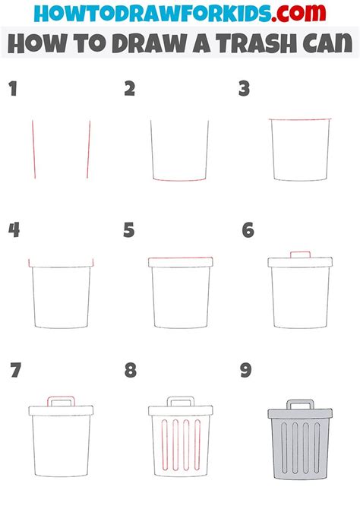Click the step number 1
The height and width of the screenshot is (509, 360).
click(12, 90)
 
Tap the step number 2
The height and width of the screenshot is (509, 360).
click(130, 90)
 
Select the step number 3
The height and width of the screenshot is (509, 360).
click(245, 90)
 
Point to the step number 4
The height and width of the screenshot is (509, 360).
click(14, 229)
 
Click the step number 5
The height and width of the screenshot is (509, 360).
click(130, 229)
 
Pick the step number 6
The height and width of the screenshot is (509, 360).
click(247, 229)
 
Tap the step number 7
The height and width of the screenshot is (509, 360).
click(16, 371)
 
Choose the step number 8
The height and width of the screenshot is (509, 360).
click(131, 371)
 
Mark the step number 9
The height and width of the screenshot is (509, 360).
click(247, 371)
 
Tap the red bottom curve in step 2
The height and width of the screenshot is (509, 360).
click(180, 180)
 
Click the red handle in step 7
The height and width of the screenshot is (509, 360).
click(62, 398)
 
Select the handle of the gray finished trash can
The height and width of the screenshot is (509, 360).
click(299, 403)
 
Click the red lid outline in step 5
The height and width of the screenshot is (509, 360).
click(180, 261)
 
